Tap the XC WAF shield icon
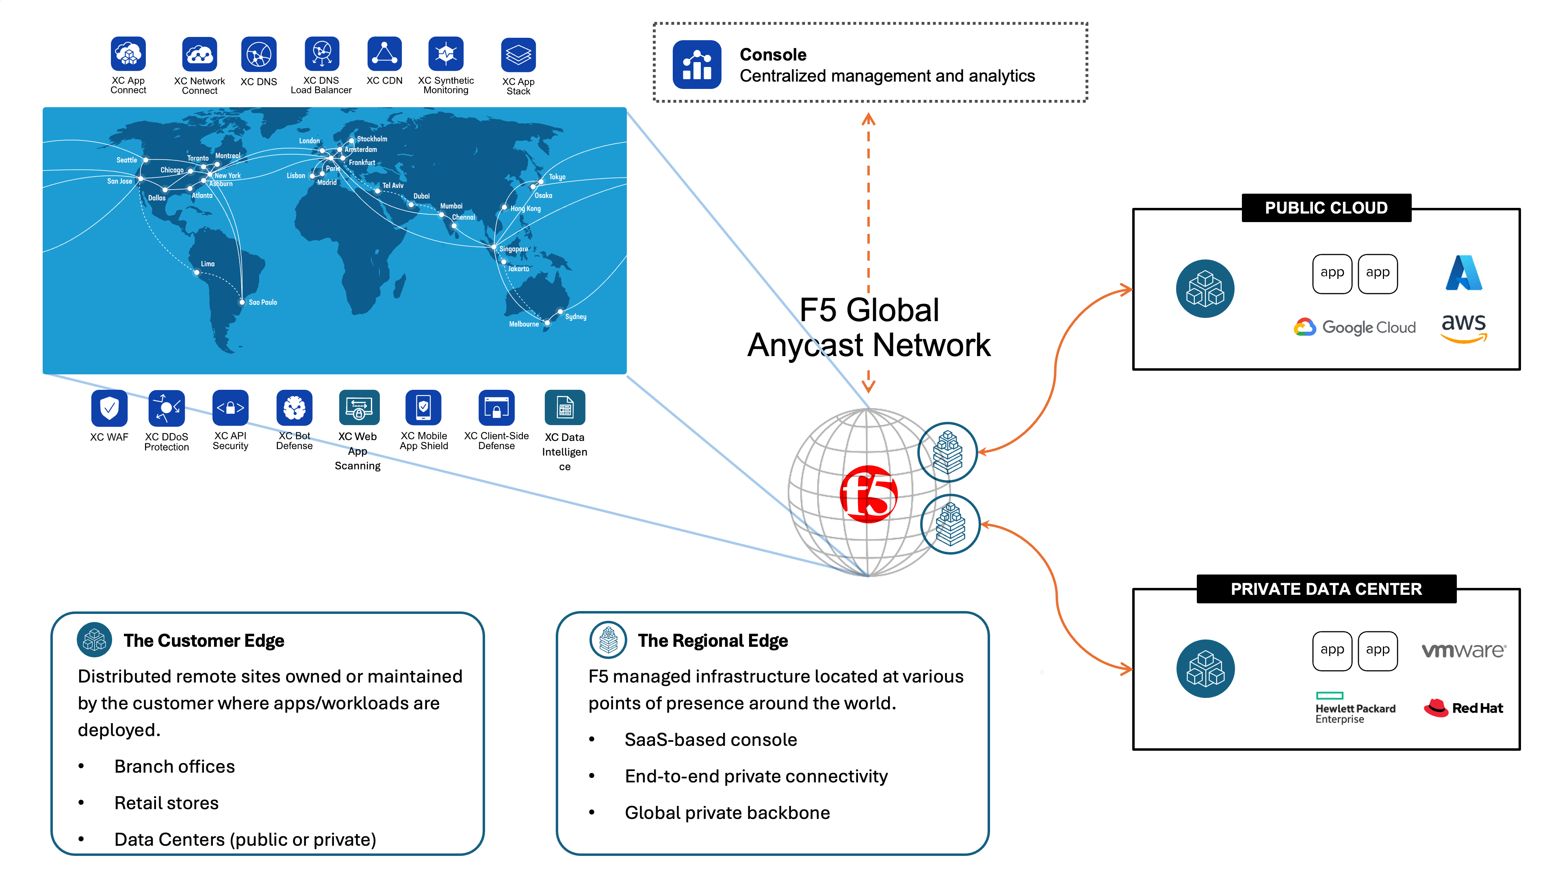tap(109, 408)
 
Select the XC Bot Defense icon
tap(294, 408)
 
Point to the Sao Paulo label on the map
tap(263, 302)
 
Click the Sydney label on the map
tap(575, 317)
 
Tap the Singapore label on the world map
tap(513, 249)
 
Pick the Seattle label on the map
tap(127, 160)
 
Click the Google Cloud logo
tap(1355, 327)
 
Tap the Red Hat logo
tap(1464, 708)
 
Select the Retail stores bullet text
tap(167, 803)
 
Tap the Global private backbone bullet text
tap(727, 813)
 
